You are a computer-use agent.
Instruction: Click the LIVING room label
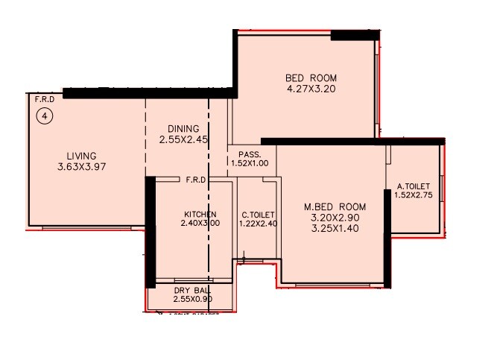pyautogui.click(x=81, y=156)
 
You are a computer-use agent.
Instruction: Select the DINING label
pyautogui.click(x=183, y=129)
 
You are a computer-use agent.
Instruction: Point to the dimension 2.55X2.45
pyautogui.click(x=183, y=139)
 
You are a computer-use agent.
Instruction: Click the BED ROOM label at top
pyautogui.click(x=311, y=78)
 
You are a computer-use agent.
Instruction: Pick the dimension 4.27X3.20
pyautogui.click(x=311, y=89)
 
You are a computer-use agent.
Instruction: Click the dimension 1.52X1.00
pyautogui.click(x=250, y=162)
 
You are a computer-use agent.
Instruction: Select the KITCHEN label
pyautogui.click(x=199, y=214)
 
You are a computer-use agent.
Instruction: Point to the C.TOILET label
pyautogui.click(x=257, y=214)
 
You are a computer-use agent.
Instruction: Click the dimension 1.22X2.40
pyautogui.click(x=258, y=223)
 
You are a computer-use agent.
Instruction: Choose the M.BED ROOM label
pyautogui.click(x=335, y=206)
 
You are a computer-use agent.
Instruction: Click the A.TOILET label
pyautogui.click(x=413, y=187)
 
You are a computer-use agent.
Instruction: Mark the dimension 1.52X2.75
pyautogui.click(x=413, y=197)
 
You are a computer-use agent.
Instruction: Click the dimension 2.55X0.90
pyautogui.click(x=192, y=299)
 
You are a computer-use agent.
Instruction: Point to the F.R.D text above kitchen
pyautogui.click(x=195, y=179)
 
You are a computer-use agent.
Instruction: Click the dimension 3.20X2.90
pyautogui.click(x=335, y=217)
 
